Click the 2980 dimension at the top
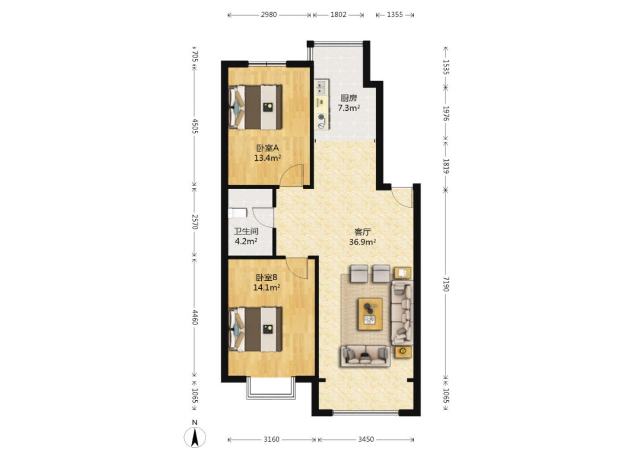click(268, 15)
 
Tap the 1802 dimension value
click(338, 15)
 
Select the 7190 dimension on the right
click(446, 284)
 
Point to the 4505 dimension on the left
click(194, 126)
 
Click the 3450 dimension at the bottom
click(366, 439)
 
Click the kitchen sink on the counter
click(321, 88)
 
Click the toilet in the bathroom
click(237, 213)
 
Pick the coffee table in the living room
click(370, 314)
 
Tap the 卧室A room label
click(267, 148)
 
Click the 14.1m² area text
click(267, 287)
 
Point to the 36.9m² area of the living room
click(362, 242)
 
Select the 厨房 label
click(349, 98)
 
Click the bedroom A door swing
click(292, 175)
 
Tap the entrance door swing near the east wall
click(402, 197)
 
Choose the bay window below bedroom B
click(271, 388)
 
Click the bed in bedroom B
click(255, 329)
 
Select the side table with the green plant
click(403, 352)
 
